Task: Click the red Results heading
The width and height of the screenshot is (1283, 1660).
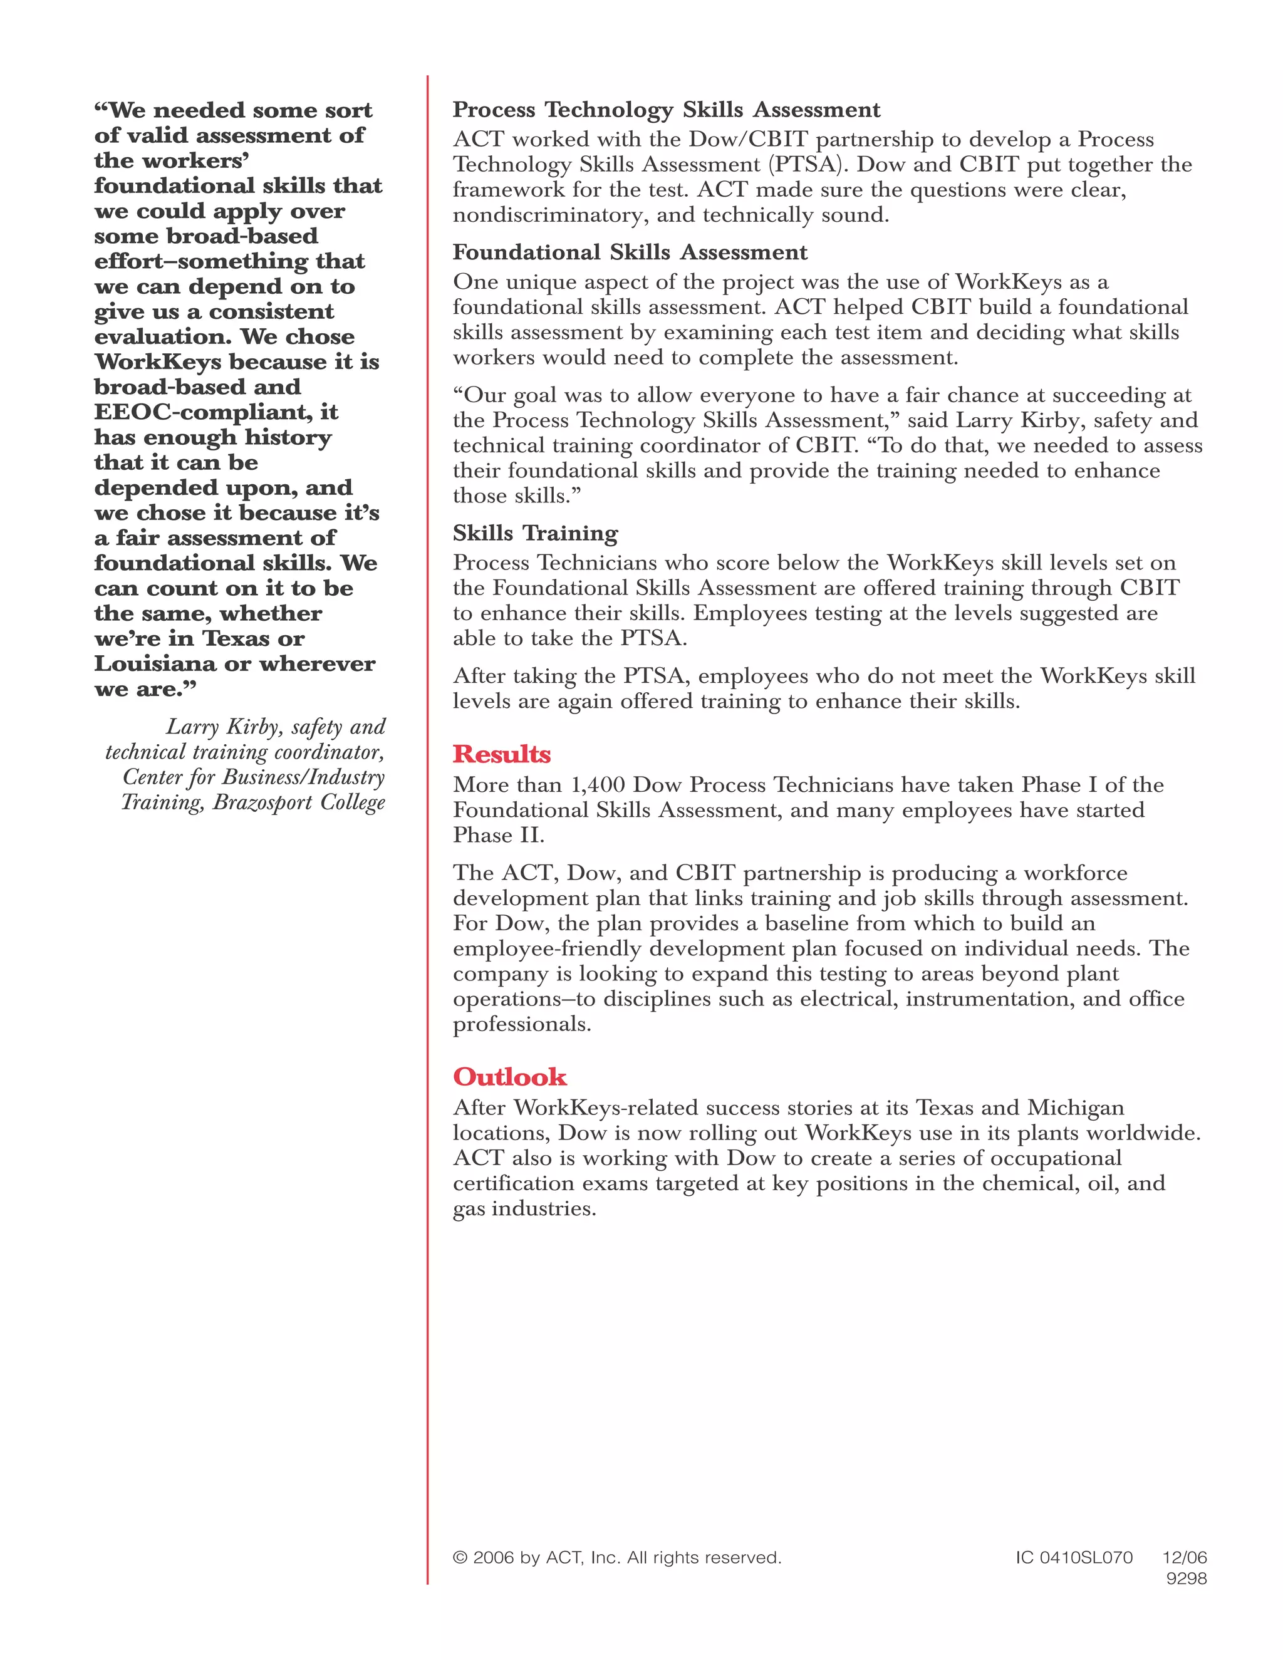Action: (502, 754)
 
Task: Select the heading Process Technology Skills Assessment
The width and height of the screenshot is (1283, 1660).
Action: (666, 110)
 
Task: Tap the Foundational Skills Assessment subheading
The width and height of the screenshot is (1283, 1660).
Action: (630, 252)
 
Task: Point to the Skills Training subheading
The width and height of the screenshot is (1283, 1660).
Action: (535, 534)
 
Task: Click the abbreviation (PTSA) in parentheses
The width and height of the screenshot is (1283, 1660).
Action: (807, 165)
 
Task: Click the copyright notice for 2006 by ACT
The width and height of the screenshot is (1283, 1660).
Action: (616, 1557)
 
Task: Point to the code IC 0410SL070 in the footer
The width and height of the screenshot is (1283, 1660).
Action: (1073, 1557)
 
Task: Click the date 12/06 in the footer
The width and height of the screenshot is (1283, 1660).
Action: (1184, 1557)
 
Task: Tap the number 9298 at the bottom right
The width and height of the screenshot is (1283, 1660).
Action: (1186, 1579)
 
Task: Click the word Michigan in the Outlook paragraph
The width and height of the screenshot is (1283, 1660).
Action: (1076, 1108)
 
